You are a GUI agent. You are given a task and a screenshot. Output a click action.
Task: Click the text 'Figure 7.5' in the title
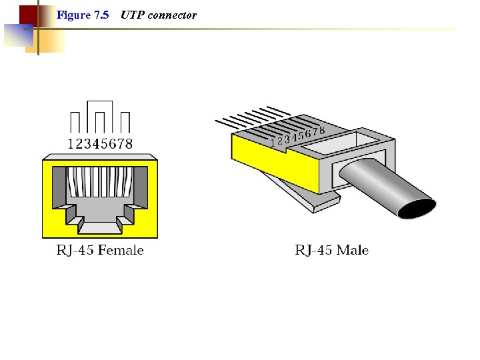point(83,15)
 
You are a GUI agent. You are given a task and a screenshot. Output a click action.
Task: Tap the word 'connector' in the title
point(172,15)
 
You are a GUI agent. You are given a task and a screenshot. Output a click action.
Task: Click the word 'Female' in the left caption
point(121,251)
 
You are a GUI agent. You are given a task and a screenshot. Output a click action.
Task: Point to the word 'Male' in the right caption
point(353,251)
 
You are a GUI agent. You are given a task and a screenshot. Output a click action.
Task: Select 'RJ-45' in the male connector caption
point(315,251)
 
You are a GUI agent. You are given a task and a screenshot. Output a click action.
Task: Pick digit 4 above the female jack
point(95,143)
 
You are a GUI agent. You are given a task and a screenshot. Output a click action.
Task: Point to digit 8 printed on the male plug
point(322,130)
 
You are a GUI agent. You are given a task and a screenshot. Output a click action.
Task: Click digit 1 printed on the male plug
point(273,143)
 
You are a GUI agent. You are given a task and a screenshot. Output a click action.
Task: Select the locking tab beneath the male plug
point(293,193)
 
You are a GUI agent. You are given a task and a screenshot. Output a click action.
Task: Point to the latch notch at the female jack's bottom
point(99,225)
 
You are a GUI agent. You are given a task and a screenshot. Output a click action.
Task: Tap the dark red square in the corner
point(28,14)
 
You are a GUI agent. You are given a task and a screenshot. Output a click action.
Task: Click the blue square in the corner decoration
point(16,34)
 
